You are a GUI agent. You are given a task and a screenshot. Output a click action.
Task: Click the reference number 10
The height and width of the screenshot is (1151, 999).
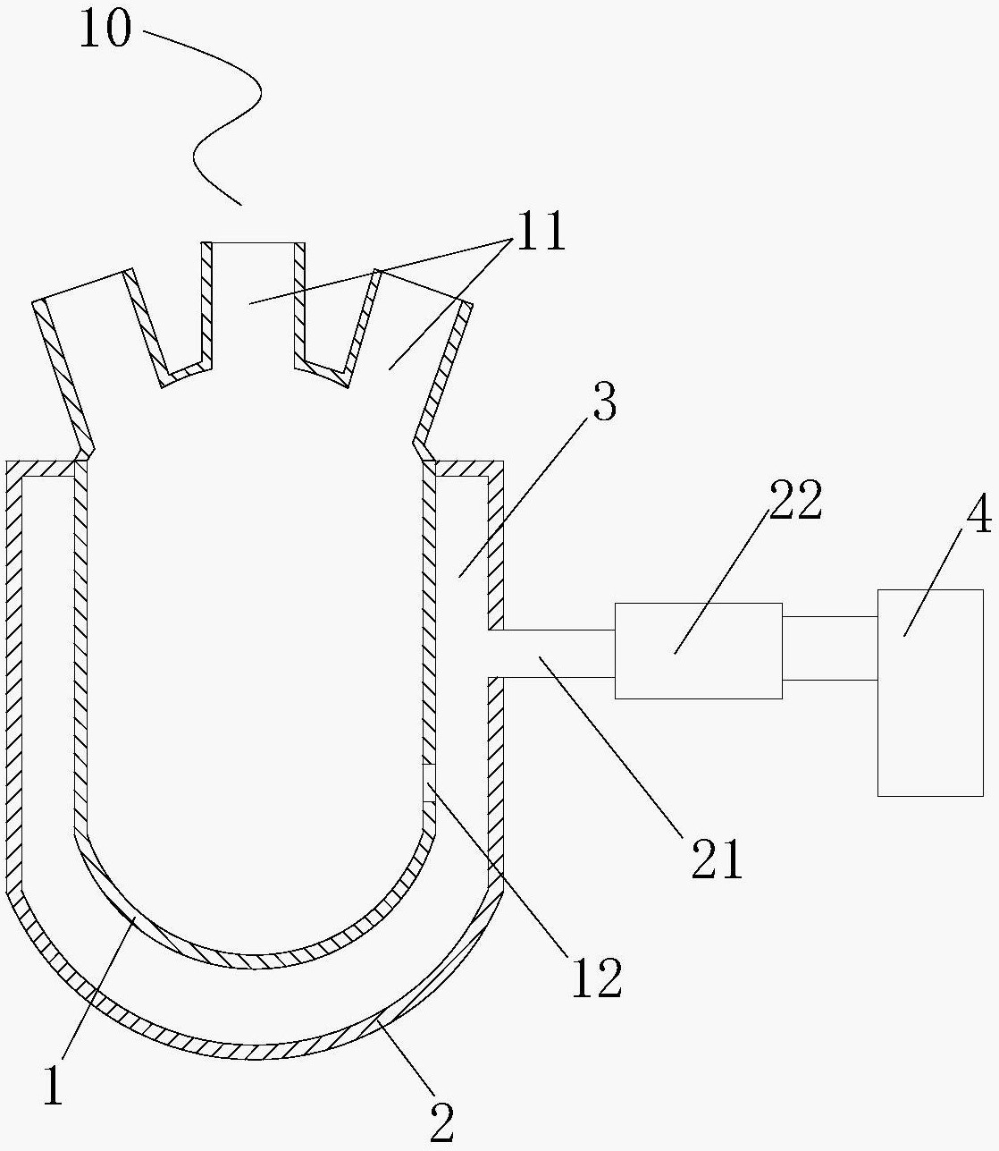pyautogui.click(x=105, y=27)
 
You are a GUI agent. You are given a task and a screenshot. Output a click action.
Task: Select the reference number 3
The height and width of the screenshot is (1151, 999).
pyautogui.click(x=605, y=402)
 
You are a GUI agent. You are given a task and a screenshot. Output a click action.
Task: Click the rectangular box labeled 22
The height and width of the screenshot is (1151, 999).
pyautogui.click(x=699, y=651)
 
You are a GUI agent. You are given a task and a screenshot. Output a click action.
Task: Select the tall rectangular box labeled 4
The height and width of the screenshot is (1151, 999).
pyautogui.click(x=930, y=693)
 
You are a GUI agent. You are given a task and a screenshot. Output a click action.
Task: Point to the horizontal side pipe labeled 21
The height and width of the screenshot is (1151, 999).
pyautogui.click(x=551, y=654)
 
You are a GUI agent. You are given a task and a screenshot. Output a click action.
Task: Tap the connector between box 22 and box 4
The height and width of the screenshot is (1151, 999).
pyautogui.click(x=830, y=648)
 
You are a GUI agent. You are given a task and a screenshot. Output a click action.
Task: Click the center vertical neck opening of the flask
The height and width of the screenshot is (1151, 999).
pyautogui.click(x=254, y=304)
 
